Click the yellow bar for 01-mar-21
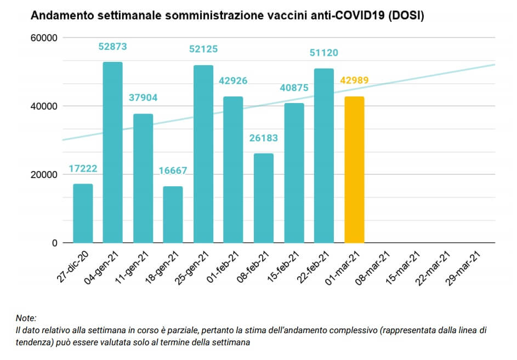tap(354, 169)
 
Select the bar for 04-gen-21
tap(112, 152)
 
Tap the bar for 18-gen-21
tap(173, 214)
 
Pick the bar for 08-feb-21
tap(264, 198)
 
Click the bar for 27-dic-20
tap(83, 213)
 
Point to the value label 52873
tap(112, 47)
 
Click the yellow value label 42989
tap(354, 80)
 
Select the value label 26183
tap(264, 138)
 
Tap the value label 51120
tap(324, 53)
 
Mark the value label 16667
tap(173, 170)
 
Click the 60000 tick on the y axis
tap(44, 38)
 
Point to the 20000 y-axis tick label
tap(44, 175)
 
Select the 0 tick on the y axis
tap(55, 243)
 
